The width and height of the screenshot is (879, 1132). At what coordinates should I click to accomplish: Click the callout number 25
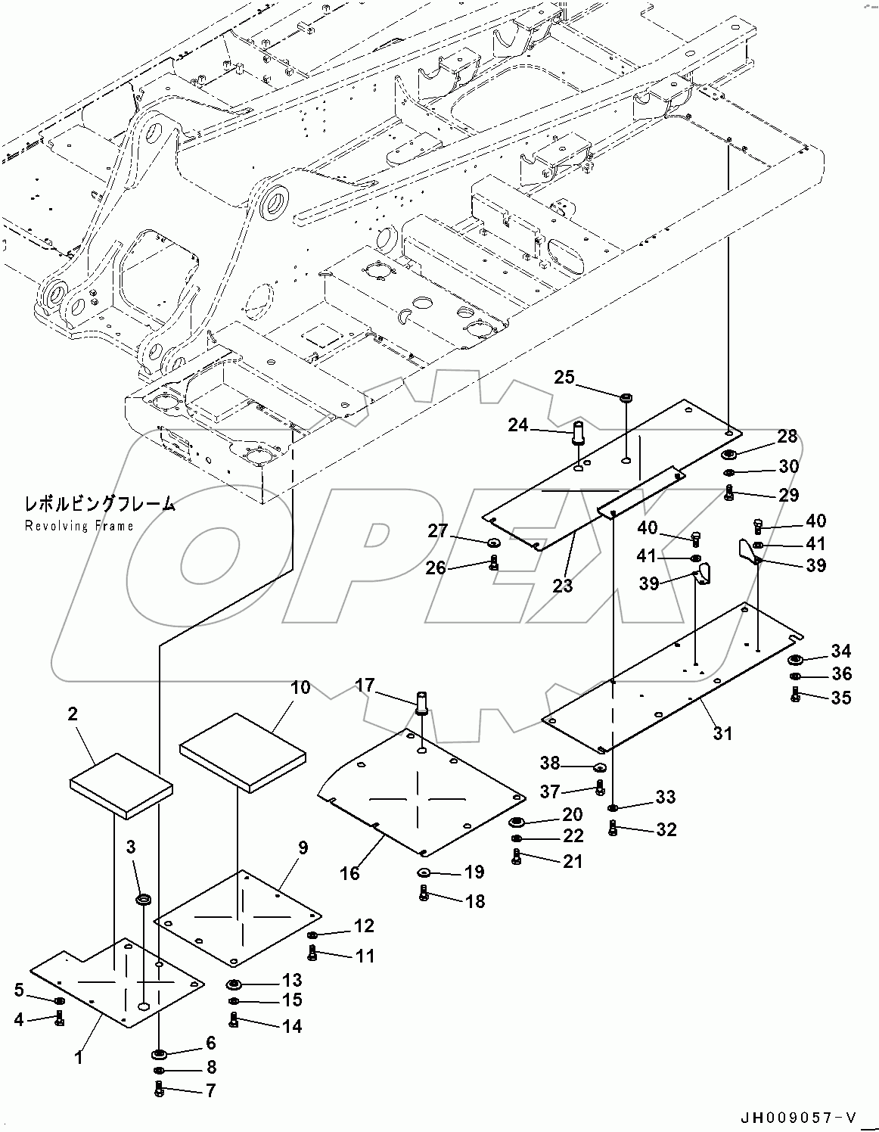[x=564, y=377]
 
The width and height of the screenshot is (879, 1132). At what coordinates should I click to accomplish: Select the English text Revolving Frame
[x=79, y=526]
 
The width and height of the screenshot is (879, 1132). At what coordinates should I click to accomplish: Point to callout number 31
[x=723, y=733]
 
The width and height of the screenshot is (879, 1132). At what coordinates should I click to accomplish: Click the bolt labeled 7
[x=159, y=1090]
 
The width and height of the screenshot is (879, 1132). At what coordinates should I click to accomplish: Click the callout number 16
[x=349, y=872]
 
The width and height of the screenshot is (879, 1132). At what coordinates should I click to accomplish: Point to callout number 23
[x=563, y=585]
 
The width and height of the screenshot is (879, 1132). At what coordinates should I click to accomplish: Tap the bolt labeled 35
[x=795, y=697]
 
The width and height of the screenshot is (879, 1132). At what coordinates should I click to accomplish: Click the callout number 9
[x=303, y=847]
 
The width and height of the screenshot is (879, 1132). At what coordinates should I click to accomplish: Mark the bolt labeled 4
[x=60, y=1019]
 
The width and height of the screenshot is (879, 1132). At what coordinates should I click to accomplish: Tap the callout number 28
[x=787, y=436]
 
